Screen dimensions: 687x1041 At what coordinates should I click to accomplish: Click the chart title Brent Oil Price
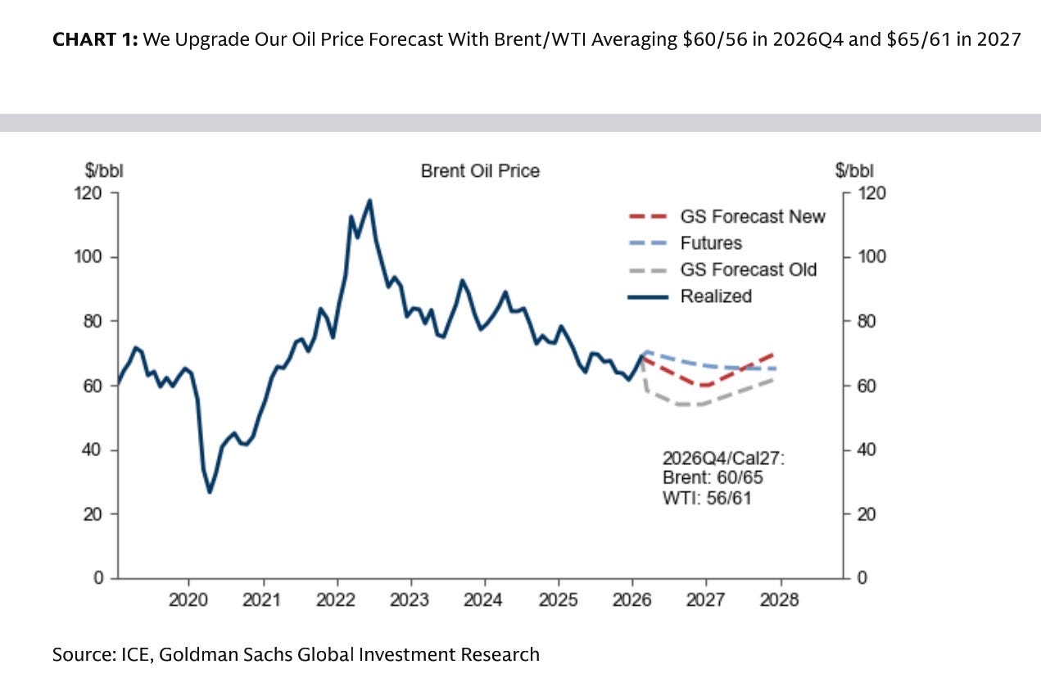click(x=480, y=171)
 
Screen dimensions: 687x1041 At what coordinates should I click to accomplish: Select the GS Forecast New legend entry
click(x=752, y=217)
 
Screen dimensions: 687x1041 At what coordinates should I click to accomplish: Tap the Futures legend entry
click(x=710, y=243)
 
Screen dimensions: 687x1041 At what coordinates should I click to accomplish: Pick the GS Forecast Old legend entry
click(x=748, y=269)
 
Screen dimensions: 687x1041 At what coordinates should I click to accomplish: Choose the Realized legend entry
click(x=715, y=296)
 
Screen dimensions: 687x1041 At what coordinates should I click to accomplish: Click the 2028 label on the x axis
click(x=779, y=599)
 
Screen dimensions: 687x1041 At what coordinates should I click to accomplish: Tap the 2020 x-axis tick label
click(x=188, y=599)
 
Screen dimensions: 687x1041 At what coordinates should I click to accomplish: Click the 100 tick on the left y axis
click(x=92, y=257)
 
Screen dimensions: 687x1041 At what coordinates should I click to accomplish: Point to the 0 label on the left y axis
click(x=99, y=578)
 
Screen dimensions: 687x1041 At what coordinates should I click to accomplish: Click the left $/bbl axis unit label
click(x=104, y=171)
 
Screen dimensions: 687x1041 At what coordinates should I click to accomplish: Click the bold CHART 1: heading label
click(x=95, y=40)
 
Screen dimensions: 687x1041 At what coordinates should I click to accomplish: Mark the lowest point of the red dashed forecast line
click(x=704, y=385)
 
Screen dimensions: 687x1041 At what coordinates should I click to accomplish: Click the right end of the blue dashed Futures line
click(x=776, y=369)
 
